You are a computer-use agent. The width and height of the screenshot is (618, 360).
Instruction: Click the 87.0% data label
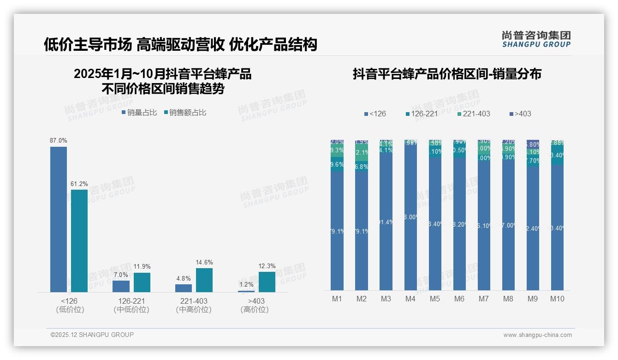point(59,140)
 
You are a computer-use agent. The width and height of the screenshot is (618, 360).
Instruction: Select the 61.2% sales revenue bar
point(79,240)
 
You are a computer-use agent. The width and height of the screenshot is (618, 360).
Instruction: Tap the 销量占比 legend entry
point(139,113)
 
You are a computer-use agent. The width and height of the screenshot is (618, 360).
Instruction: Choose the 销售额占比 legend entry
point(185,113)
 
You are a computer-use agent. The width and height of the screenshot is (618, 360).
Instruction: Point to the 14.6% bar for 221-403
point(204,280)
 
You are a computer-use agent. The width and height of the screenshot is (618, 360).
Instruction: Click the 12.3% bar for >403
point(267,282)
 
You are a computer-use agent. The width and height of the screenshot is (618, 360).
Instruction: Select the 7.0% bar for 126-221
point(121,286)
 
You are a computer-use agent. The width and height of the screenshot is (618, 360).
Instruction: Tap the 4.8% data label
point(184,278)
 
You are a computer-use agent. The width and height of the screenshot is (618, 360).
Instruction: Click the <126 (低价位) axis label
point(70,305)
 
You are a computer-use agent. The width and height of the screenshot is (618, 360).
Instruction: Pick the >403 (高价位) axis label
point(255,305)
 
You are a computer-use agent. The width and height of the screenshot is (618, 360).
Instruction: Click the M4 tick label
point(410,299)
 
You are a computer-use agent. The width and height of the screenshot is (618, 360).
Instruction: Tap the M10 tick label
point(557,299)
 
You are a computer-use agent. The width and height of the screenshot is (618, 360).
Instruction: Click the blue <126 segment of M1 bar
point(337,231)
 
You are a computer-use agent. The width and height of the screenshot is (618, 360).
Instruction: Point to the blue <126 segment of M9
point(533,228)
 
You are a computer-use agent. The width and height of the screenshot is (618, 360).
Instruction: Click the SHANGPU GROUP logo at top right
point(536,39)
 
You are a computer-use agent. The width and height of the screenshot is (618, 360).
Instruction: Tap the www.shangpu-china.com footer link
point(537,335)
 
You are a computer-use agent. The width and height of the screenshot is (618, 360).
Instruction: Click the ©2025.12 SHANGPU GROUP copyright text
point(92,335)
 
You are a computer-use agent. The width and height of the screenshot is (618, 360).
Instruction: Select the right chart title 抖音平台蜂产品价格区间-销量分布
point(447,74)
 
